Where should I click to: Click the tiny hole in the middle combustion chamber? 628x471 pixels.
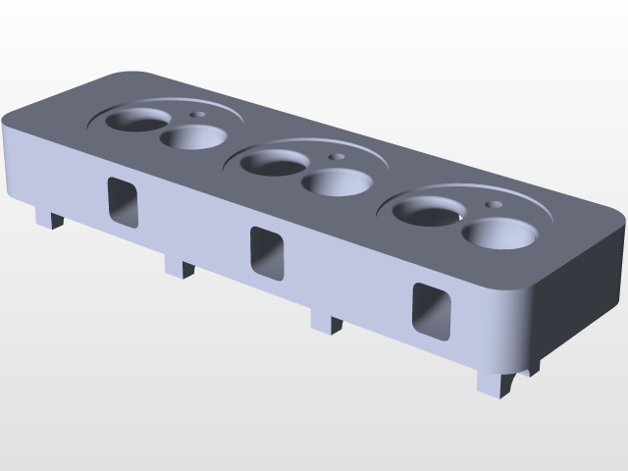tap(338, 156)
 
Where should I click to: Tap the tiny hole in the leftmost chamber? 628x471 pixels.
tap(199, 114)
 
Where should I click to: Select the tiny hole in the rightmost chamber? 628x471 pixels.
tap(494, 204)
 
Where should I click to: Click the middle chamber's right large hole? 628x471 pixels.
tap(334, 183)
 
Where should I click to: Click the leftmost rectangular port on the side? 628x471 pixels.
tap(123, 201)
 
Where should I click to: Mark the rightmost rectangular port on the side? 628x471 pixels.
tap(432, 311)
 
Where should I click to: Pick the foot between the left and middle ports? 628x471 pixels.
tap(180, 266)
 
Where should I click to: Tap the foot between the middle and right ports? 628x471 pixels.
tap(327, 320)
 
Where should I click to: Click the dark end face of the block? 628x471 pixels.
tap(579, 294)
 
